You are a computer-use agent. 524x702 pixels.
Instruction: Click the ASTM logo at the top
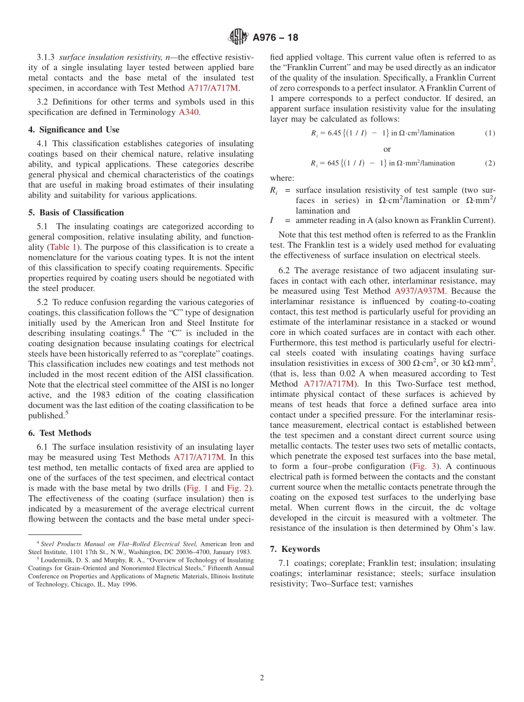click(x=238, y=37)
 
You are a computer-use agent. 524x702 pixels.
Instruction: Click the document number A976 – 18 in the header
click(x=275, y=38)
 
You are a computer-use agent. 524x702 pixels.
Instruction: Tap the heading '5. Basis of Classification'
click(x=76, y=212)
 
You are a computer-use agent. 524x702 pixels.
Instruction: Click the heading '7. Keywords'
click(x=295, y=549)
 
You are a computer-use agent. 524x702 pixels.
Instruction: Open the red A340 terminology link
click(x=189, y=112)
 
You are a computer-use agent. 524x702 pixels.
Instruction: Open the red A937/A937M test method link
click(x=419, y=291)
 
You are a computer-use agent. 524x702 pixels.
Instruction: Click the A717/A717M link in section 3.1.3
click(x=213, y=88)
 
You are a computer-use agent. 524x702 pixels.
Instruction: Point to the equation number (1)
click(x=490, y=133)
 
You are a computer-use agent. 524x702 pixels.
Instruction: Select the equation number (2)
click(x=490, y=163)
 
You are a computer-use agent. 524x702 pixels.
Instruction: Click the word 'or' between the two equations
click(x=387, y=149)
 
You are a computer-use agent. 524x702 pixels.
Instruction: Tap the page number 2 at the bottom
click(x=262, y=678)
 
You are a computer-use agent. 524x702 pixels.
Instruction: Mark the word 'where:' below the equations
click(x=282, y=178)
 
